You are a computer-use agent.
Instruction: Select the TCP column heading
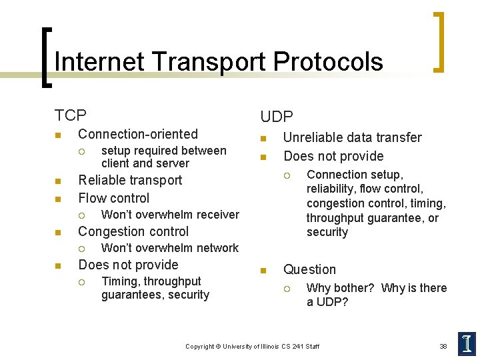pos(70,115)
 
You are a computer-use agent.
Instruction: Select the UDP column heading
pos(276,117)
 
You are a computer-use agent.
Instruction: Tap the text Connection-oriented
pos(138,134)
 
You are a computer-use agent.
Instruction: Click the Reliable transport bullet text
pos(130,180)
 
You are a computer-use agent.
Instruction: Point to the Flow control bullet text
pos(114,198)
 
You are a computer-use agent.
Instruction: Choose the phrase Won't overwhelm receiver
pos(169,215)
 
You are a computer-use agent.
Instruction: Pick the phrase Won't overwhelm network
pos(169,248)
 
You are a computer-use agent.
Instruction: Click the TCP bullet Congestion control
pos(133,231)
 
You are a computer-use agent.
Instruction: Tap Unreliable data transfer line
pos(352,137)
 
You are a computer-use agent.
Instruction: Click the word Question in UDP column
pos(309,269)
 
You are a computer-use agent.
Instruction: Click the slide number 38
pos(443,346)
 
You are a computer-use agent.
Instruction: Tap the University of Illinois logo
pos(467,343)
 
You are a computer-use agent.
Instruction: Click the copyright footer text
pos(252,346)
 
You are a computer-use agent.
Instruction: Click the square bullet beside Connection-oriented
pos(57,135)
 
